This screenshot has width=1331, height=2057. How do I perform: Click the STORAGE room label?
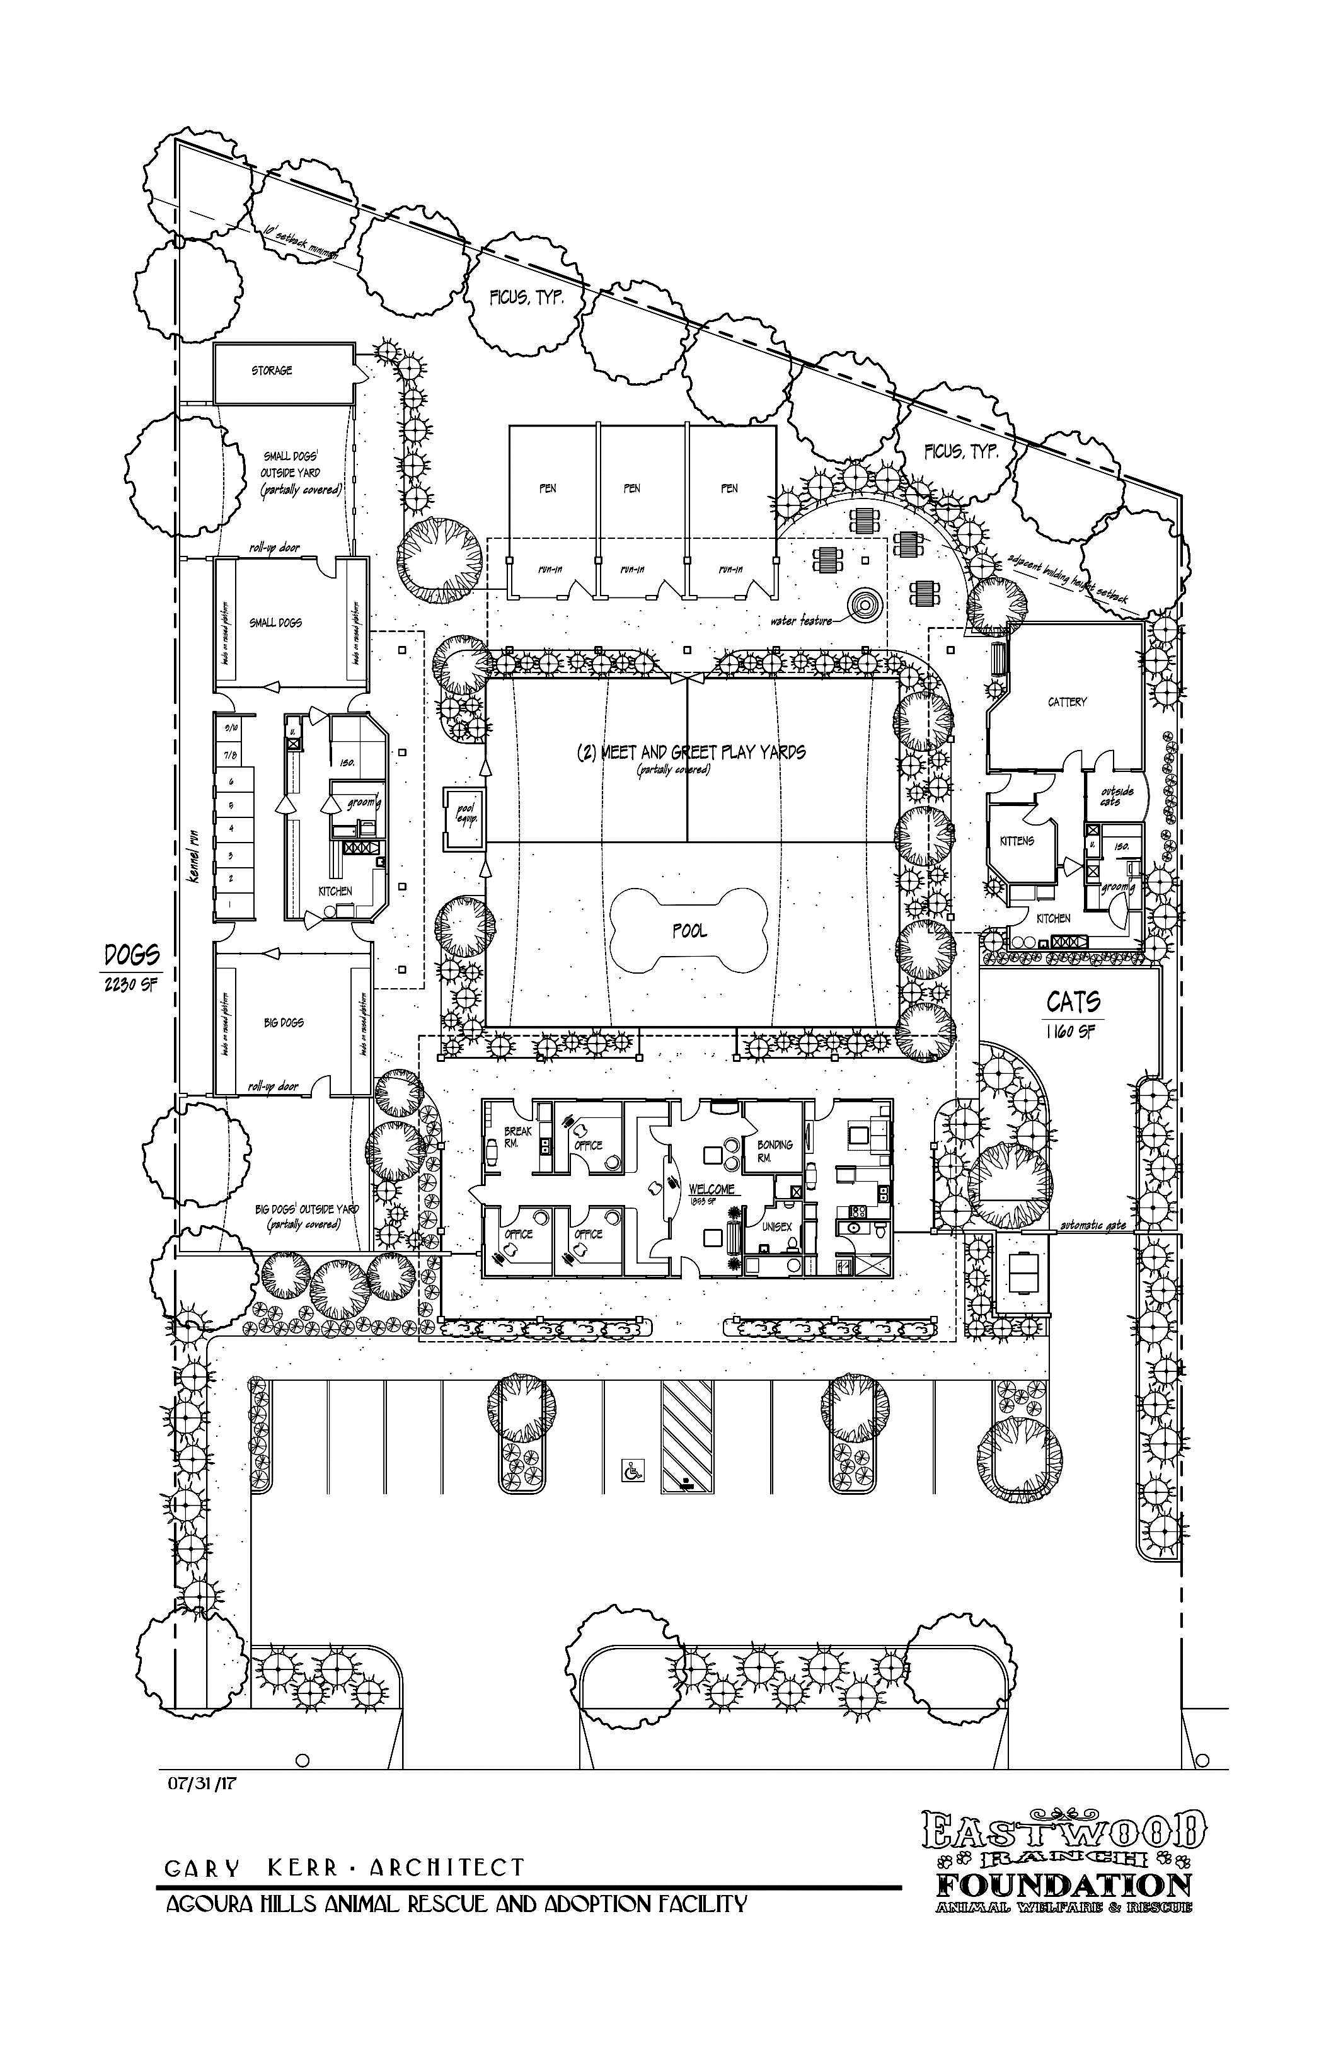(x=272, y=371)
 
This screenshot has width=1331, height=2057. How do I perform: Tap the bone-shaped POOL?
(x=688, y=931)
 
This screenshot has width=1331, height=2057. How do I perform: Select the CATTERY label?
(x=1066, y=702)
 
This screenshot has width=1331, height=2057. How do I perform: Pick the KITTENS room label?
(x=1015, y=840)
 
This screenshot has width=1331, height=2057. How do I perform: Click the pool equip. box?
(x=465, y=815)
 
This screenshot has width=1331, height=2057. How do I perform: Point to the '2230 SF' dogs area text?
(x=130, y=984)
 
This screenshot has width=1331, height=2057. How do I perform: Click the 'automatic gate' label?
(x=1093, y=1224)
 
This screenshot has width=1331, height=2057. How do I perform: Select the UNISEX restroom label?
(x=776, y=1226)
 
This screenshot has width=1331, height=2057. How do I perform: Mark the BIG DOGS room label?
(x=284, y=1022)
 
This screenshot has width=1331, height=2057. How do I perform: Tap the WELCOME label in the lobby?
(x=712, y=1189)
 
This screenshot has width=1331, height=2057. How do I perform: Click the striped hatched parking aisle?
(x=687, y=1435)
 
